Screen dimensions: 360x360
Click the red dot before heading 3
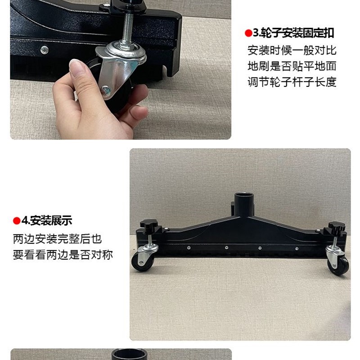(x=247, y=33)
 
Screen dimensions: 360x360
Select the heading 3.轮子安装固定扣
(x=292, y=33)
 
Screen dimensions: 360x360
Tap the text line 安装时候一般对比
(x=292, y=50)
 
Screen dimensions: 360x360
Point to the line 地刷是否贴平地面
(x=292, y=66)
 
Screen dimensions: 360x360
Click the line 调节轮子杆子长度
(x=292, y=82)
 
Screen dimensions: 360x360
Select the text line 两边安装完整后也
(x=57, y=238)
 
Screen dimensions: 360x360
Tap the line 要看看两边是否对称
(x=63, y=255)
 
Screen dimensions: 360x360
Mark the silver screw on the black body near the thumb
(x=44, y=49)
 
